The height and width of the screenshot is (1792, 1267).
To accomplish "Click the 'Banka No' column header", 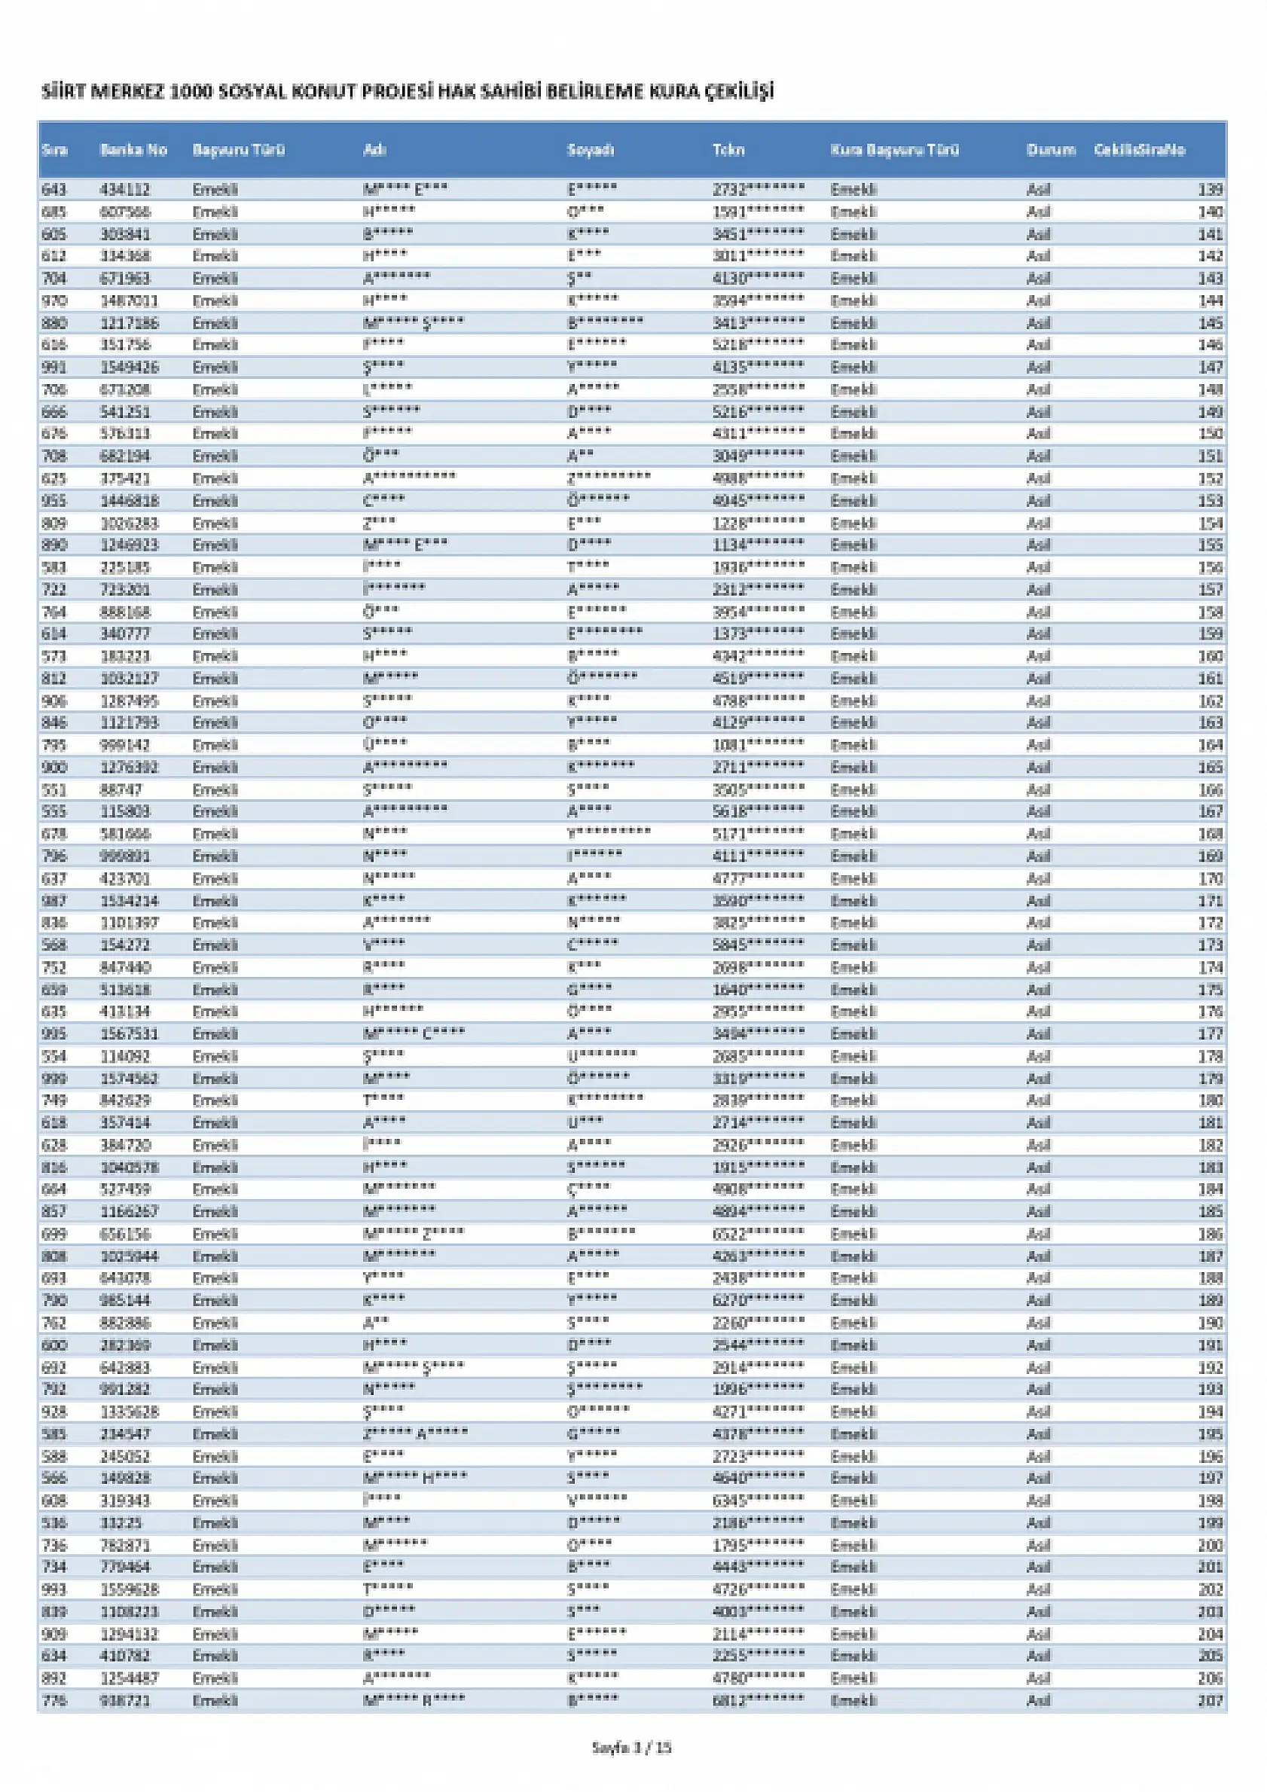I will coord(133,150).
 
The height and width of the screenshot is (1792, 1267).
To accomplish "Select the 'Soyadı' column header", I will coord(590,150).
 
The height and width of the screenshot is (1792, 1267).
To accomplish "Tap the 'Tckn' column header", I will coord(728,150).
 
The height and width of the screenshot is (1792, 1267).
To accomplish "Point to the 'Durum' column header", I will coord(1051,150).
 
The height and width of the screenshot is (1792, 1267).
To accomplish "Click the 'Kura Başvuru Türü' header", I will coord(894,150).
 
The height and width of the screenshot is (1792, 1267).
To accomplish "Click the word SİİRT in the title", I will coord(63,92).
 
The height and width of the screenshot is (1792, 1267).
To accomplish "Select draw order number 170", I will coord(1210,879).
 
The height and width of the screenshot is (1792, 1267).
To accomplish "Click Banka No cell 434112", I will coord(125,190).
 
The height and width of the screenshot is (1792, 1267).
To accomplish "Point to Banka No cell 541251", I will coord(125,412).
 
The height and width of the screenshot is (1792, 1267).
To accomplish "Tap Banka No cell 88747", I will coord(121,790).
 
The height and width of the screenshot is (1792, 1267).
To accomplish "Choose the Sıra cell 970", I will coord(54,301).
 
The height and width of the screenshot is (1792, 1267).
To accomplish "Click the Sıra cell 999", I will coord(54,1079).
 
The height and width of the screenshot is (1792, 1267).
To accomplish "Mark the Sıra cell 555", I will coord(54,812).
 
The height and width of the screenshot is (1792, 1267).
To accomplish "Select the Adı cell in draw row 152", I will coord(409,478).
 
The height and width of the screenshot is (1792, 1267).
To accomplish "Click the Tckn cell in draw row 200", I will coord(757,1545).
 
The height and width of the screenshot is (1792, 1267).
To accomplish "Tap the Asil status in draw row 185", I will coord(1037,1211).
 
